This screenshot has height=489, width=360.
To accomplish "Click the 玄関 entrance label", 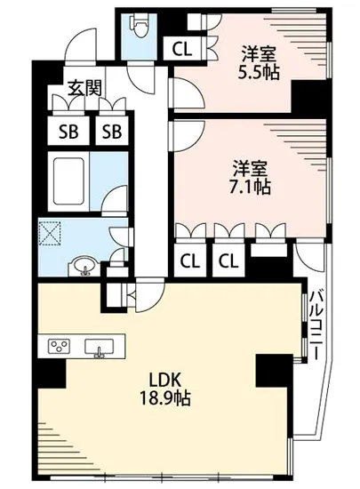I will [x=86, y=89].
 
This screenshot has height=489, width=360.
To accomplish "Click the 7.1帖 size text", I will [x=252, y=187].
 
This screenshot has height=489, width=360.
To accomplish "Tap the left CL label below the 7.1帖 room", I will [x=188, y=261].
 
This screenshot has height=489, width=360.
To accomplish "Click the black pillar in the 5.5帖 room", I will [x=309, y=93].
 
